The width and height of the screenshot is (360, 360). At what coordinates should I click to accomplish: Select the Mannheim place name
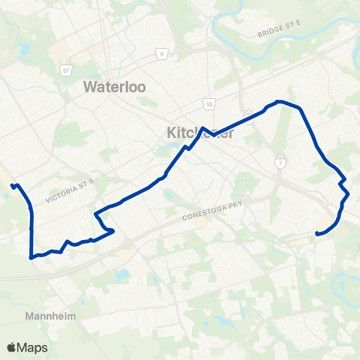pos(52,316)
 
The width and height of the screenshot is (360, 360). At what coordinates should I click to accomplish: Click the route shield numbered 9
pos(161,54)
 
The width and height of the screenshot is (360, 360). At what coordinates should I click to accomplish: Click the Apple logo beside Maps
pos(12,346)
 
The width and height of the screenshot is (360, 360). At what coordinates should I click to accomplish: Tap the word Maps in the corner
pos(34,347)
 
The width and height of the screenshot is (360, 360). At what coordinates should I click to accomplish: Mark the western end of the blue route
pos(12,185)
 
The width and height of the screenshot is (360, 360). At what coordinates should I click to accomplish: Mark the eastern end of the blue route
pos(318,233)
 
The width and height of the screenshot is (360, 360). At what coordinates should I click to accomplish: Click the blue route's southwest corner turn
pos(31,256)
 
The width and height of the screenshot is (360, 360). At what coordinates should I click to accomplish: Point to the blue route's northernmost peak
pos(279,101)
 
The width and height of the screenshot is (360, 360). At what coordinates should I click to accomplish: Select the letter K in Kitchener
pos(169,133)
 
